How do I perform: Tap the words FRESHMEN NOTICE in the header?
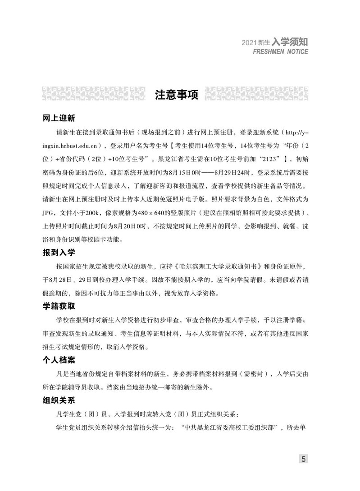281,51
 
